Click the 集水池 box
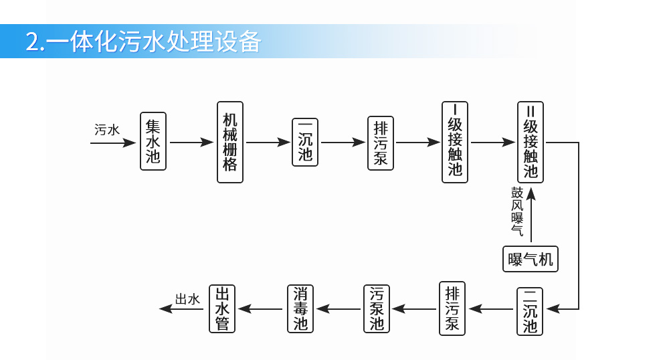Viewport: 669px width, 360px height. click(153, 141)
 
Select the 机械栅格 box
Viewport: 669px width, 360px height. click(230, 142)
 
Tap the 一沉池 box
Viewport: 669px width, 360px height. click(305, 142)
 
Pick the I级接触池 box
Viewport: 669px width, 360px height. click(455, 142)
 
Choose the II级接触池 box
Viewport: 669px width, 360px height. click(531, 142)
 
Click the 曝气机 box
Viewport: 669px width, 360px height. click(531, 259)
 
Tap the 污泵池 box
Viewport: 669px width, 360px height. click(377, 308)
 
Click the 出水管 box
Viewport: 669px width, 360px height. click(223, 308)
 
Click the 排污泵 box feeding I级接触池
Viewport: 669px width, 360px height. click(380, 142)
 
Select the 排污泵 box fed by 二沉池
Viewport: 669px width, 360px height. click(453, 308)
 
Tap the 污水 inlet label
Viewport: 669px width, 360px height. click(107, 130)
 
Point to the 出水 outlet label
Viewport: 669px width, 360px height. click(187, 299)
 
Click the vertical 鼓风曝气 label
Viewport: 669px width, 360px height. click(517, 211)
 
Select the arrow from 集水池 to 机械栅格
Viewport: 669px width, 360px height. click(191, 142)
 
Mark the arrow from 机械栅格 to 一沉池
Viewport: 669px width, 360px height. click(268, 142)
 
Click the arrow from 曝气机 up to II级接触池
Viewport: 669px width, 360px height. click(531, 215)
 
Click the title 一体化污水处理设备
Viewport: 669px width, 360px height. click(143, 41)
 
